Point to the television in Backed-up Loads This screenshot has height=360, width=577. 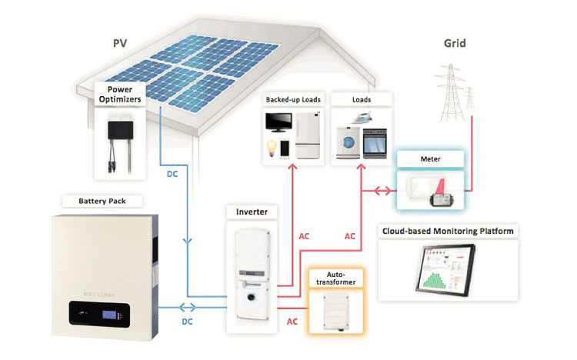click(278, 123)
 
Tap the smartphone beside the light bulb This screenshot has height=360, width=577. click(285, 148)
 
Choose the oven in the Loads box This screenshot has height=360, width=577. click(374, 142)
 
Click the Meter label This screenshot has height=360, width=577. click(430, 158)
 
